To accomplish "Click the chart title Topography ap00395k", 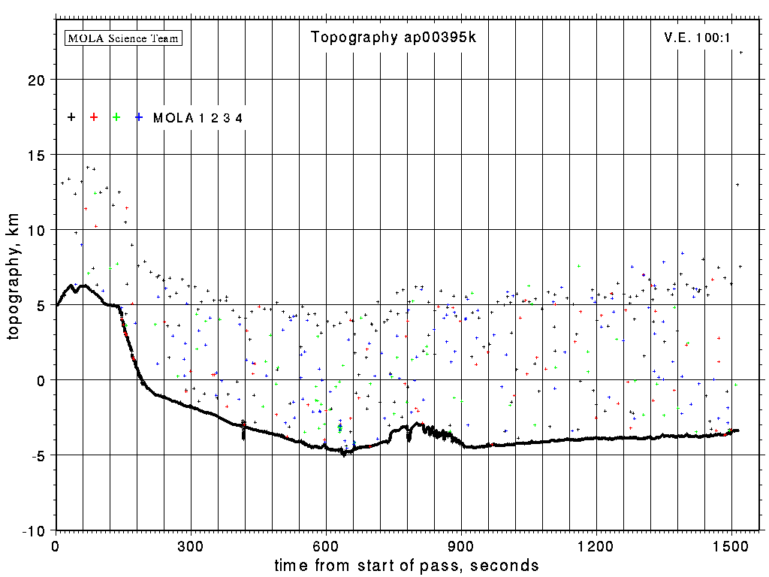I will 394,38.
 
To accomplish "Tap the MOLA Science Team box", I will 124,38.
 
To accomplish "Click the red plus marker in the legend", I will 94,117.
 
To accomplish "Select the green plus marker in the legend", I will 116,117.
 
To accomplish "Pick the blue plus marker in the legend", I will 139,117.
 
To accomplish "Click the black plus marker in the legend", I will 71,117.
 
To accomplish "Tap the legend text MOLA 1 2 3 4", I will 198,118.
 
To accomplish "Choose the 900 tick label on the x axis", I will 461,545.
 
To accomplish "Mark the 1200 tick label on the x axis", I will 596,545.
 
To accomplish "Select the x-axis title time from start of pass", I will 406,565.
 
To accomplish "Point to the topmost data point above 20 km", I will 740,53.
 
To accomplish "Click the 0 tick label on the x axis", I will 56,545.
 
